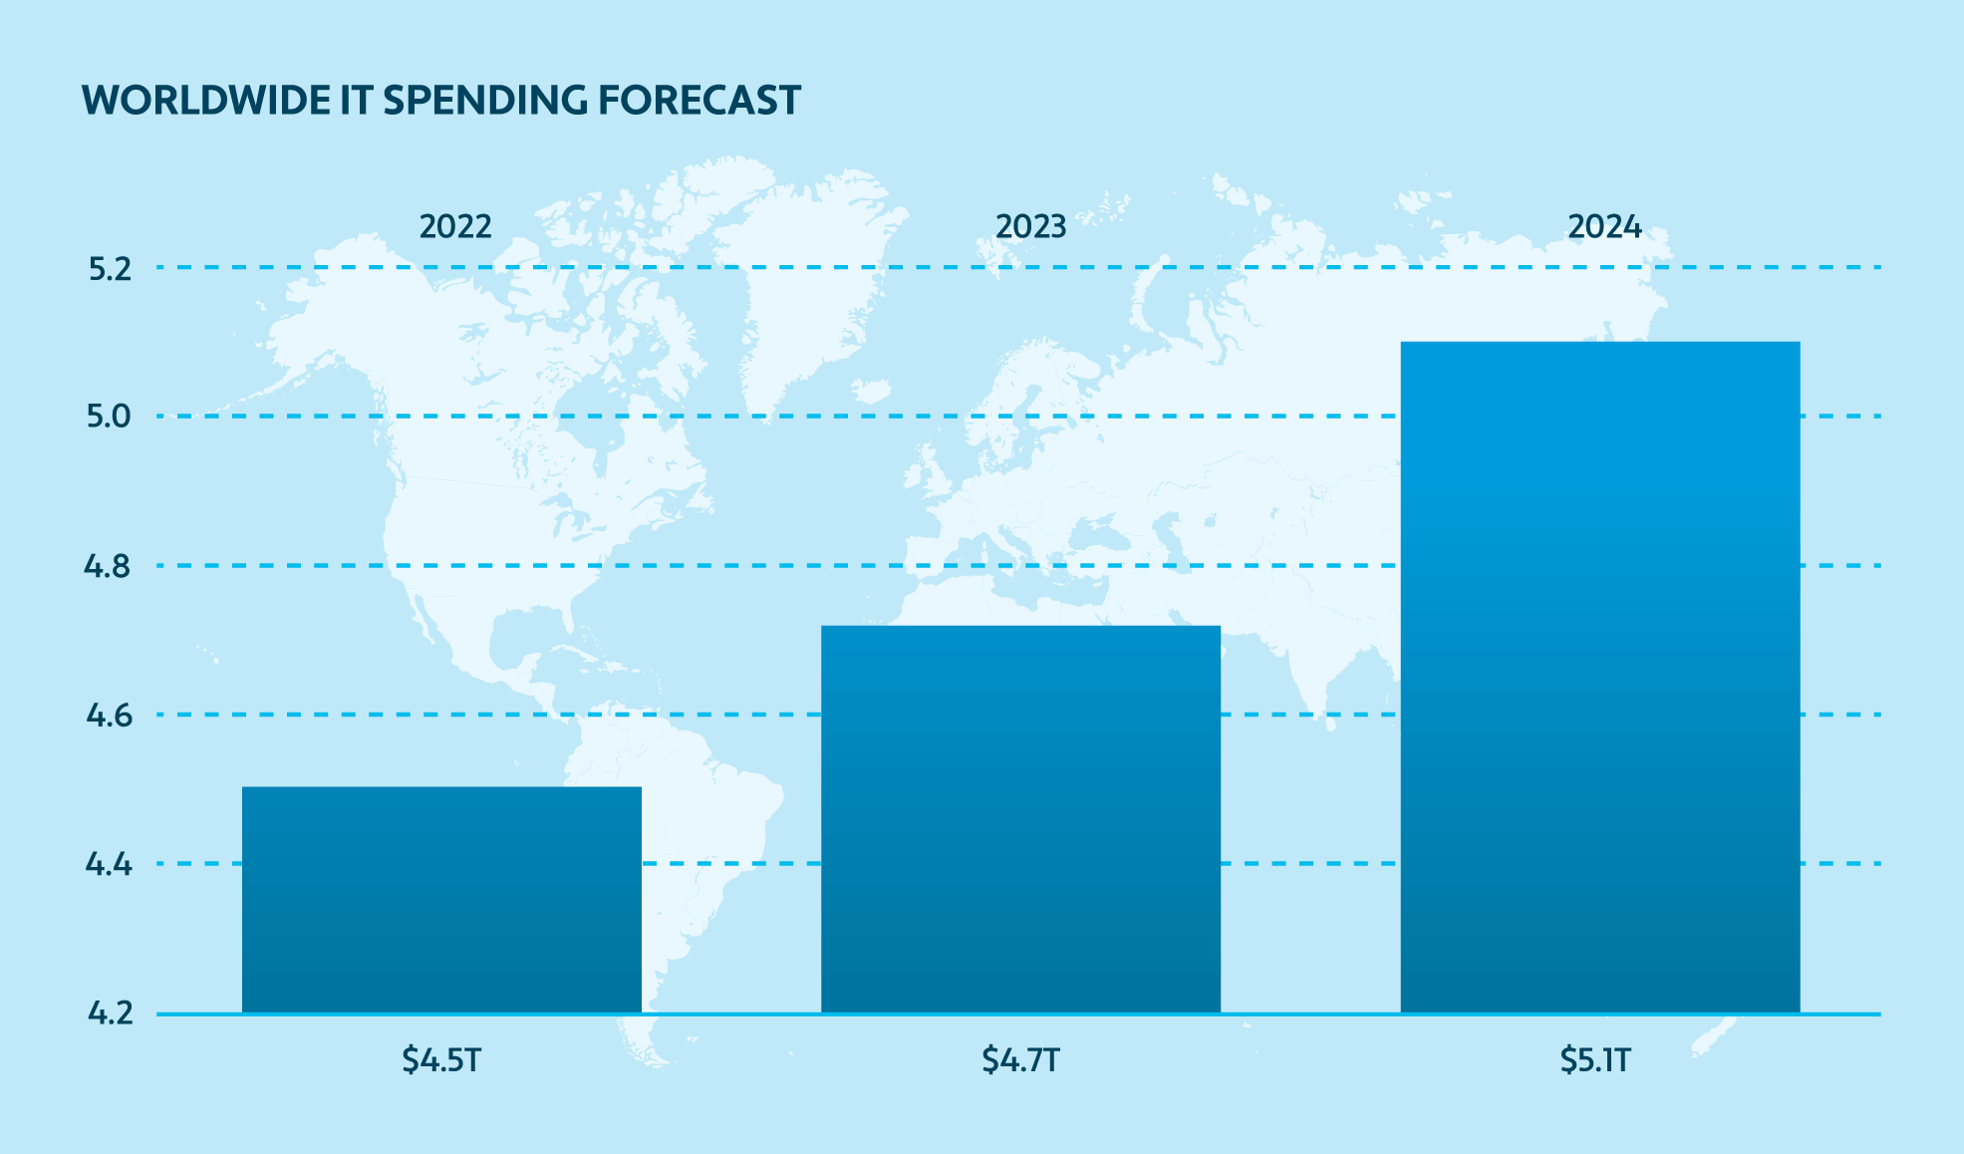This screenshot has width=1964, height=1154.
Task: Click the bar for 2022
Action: pos(441,899)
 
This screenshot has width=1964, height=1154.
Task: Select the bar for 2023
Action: pos(1020,818)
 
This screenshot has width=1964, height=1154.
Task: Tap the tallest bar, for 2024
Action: pos(1599,677)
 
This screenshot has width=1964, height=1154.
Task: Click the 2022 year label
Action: pos(455,227)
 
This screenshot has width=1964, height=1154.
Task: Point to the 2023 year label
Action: pos(1030,227)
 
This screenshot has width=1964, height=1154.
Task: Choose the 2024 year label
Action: pos(1604,227)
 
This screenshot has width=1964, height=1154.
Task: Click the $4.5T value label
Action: pos(441,1059)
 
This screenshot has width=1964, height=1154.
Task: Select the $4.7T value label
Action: pos(1020,1059)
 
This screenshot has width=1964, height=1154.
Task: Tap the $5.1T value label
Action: pos(1595,1059)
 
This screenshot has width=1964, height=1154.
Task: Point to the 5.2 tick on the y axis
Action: pos(110,269)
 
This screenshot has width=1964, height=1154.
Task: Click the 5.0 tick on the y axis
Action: pos(109,417)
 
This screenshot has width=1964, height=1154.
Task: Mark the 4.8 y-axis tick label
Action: pos(108,567)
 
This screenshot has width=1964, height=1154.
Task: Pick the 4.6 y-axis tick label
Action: pos(109,716)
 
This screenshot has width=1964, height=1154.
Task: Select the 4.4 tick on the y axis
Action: pos(109,864)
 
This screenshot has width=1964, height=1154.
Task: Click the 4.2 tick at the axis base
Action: pos(110,1013)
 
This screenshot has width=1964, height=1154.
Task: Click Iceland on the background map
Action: pos(871,390)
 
